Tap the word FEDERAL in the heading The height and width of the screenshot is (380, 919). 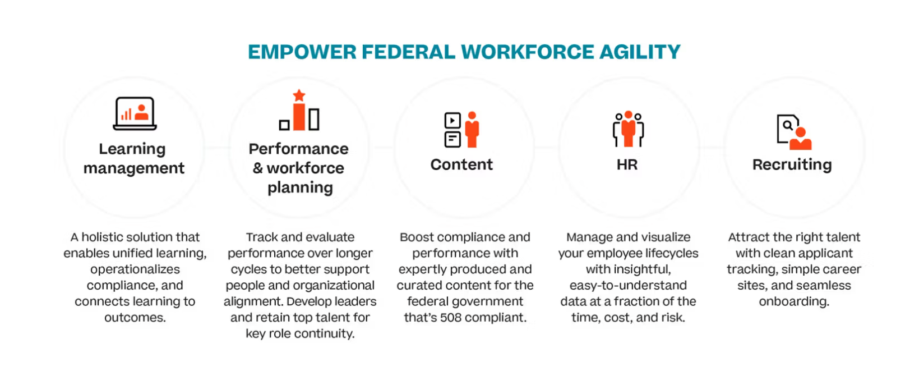tap(408, 52)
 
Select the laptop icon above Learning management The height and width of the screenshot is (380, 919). tap(135, 113)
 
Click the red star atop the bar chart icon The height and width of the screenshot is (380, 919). tap(299, 95)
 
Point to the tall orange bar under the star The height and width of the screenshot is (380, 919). tap(299, 117)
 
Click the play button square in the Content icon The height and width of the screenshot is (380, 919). tap(452, 120)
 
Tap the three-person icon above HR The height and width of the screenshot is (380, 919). tap(628, 129)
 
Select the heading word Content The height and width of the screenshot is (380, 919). tap(461, 164)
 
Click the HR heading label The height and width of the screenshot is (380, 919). tap(627, 164)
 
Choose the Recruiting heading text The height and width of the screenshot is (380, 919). tap(792, 164)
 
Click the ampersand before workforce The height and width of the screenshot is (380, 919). tap(258, 168)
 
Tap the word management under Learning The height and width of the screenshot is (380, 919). tap(134, 168)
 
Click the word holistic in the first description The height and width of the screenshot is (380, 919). tap(102, 237)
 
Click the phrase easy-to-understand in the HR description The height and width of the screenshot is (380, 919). tap(628, 285)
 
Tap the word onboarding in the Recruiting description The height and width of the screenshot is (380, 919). tap(794, 301)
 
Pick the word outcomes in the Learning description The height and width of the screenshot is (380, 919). tap(135, 317)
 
